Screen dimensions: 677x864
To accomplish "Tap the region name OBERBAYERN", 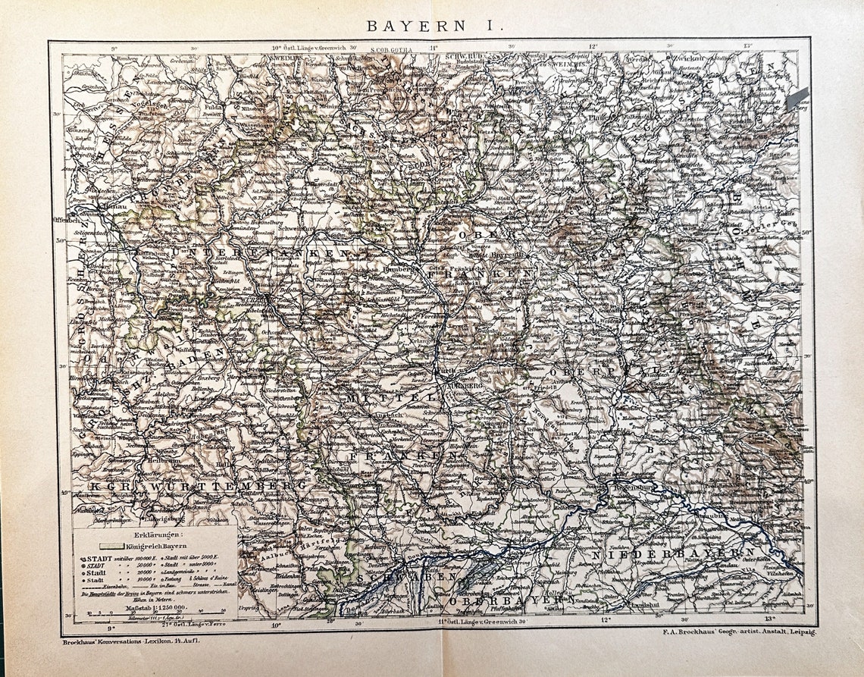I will [503, 600].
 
